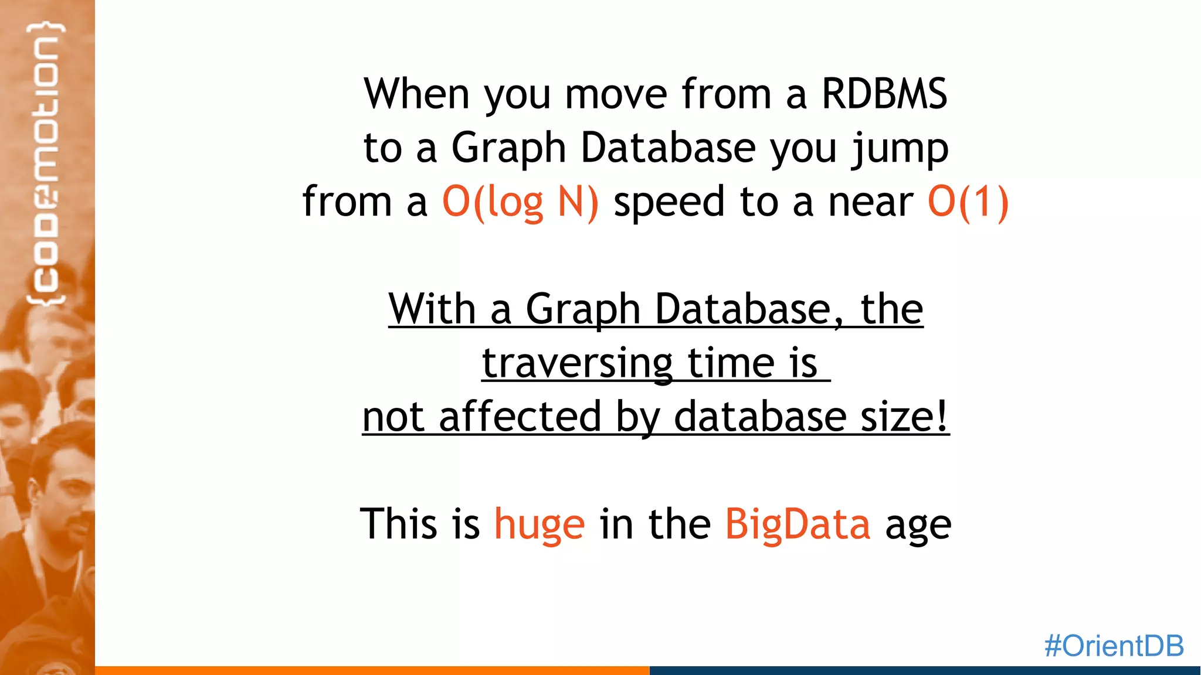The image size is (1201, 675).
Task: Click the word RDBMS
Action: [x=884, y=94]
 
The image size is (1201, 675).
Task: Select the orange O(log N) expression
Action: [x=520, y=202]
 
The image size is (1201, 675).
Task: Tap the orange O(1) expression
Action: [x=968, y=202]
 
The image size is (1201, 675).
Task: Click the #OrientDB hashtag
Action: [x=1114, y=646]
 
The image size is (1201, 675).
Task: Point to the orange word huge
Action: [x=540, y=524]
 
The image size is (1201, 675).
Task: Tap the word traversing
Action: [x=577, y=364]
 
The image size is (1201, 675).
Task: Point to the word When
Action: [x=416, y=94]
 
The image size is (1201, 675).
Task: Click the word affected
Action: [x=520, y=417]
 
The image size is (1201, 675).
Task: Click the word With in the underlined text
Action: [x=432, y=309]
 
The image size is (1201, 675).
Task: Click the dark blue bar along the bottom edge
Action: [x=925, y=670]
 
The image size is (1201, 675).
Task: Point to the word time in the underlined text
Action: [x=731, y=364]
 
